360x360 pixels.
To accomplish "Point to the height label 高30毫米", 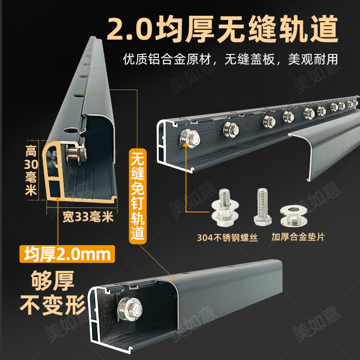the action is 31,171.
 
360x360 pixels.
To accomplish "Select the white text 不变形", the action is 52,306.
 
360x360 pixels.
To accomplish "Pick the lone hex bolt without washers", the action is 262,207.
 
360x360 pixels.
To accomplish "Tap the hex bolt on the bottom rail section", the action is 127,310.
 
